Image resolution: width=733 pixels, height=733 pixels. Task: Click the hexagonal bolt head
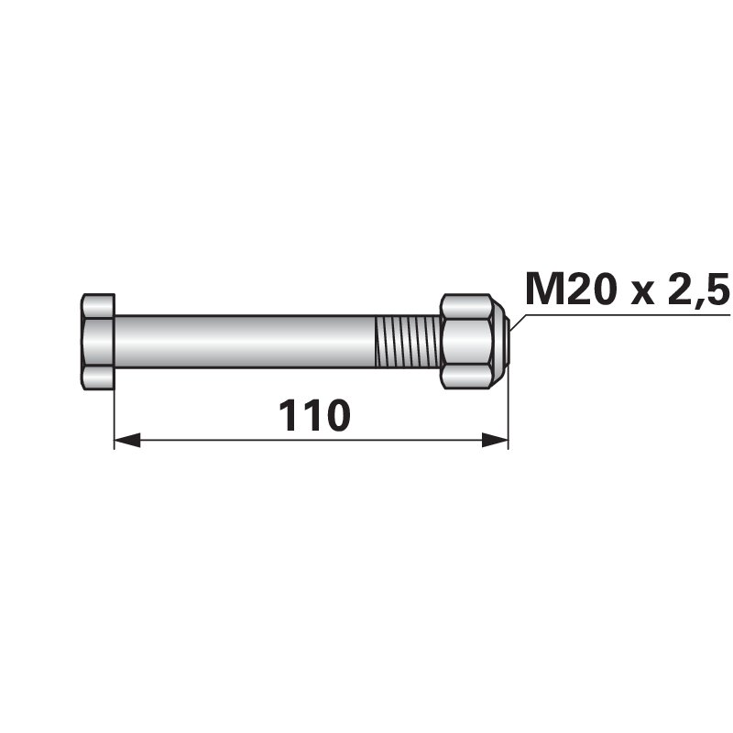coord(98,342)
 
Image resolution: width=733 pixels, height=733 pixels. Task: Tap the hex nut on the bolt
coord(473,342)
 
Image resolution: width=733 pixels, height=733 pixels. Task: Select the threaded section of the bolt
coord(407,342)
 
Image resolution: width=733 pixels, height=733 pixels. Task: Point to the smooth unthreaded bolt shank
coord(245,342)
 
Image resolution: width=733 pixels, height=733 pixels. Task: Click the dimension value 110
coord(314,415)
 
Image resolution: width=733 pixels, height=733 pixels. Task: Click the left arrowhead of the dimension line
coord(127,440)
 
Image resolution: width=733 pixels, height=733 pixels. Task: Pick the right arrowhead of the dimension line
coord(495,440)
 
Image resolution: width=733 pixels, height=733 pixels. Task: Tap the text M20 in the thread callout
coord(569,290)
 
